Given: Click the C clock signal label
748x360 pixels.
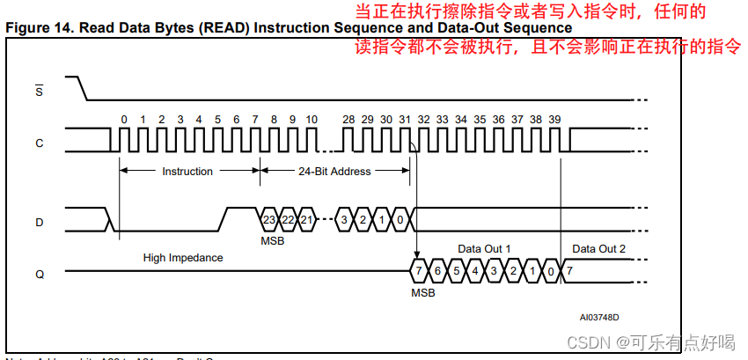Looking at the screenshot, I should pos(39,143).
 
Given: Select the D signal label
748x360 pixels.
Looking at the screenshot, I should pos(39,223).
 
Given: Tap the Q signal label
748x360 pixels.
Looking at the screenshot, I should pos(39,274).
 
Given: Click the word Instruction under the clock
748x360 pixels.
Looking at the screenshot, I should pos(187,172).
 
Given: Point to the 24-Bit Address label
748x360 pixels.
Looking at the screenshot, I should pos(334,172).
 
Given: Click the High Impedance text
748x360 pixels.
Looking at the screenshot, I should pos(183,258).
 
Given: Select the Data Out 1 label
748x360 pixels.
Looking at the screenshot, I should pos(484,249).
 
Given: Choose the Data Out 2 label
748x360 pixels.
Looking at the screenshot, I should pos(598,249).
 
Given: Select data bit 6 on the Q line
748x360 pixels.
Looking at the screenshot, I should pos(437,270).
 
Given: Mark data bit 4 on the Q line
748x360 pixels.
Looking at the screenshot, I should pos(475,270).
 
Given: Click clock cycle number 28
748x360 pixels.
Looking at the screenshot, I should pos(348,119).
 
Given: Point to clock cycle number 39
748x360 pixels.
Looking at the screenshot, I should pos(554,119).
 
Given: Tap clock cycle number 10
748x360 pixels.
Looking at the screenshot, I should pos(312,119).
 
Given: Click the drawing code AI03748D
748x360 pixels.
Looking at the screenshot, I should pos(598,317).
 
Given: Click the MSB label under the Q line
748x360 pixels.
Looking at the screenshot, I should pos(422,292).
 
